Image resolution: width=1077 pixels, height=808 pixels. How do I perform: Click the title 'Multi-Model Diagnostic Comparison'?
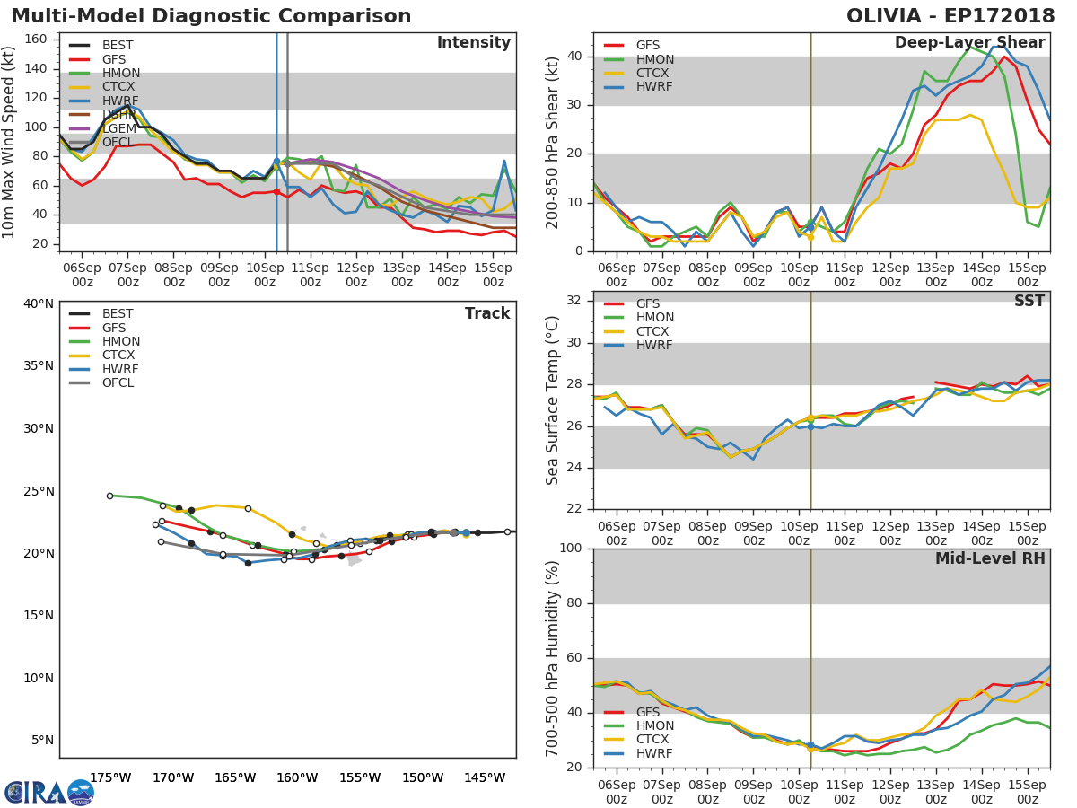[x=211, y=16]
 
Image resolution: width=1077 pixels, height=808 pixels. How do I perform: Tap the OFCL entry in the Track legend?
[x=118, y=383]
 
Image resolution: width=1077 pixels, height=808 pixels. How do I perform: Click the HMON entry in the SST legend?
[x=654, y=318]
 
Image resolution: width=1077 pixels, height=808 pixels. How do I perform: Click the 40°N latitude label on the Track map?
[x=38, y=303]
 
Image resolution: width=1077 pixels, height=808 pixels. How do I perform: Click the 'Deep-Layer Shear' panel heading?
[x=969, y=43]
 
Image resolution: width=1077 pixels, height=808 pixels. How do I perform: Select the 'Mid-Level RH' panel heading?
[x=990, y=559]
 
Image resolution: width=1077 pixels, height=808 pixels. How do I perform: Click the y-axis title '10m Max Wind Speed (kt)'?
[x=10, y=142]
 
